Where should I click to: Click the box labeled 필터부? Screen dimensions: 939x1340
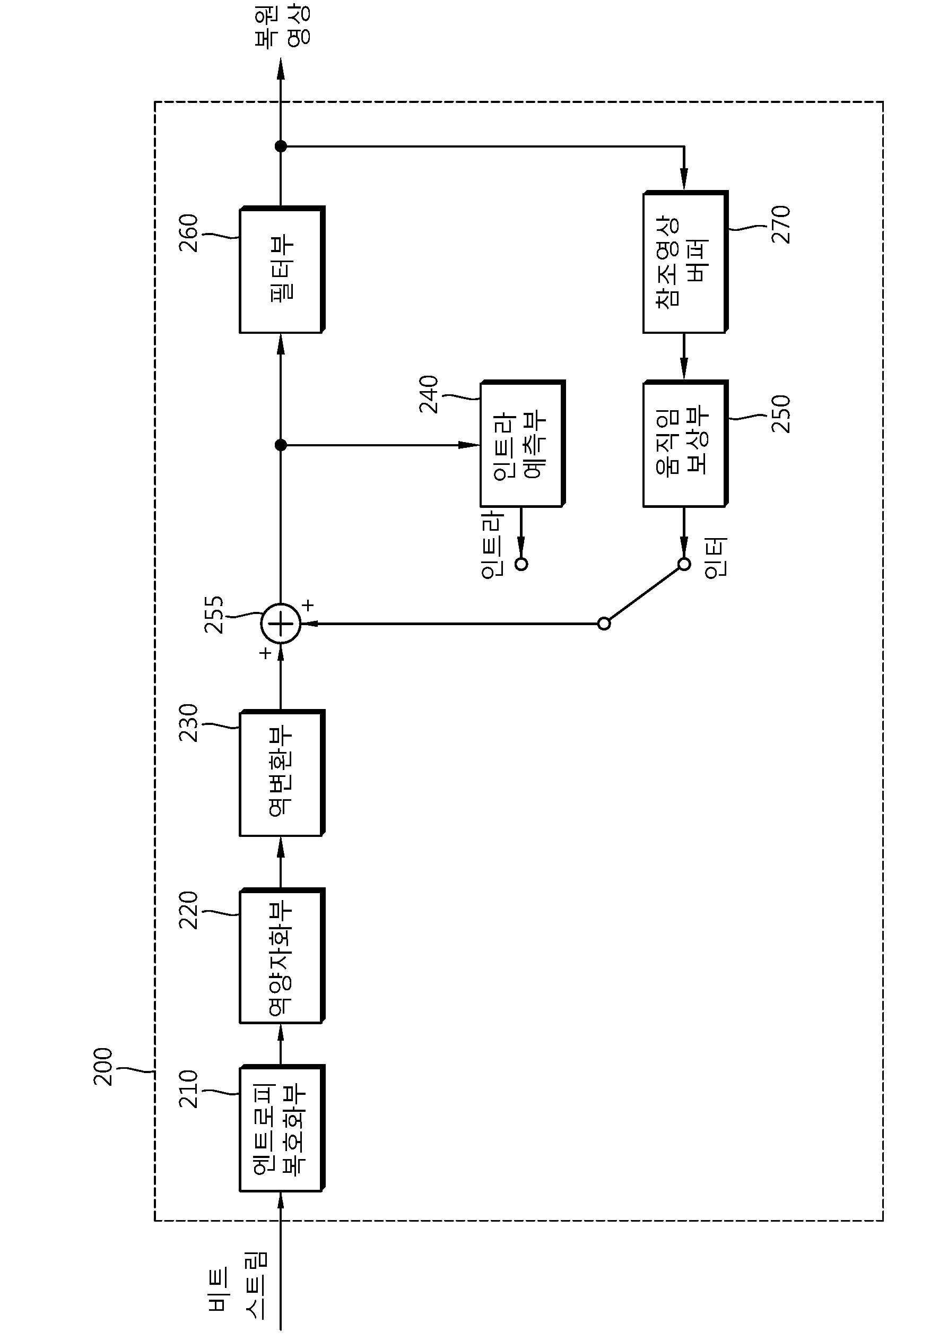click(282, 270)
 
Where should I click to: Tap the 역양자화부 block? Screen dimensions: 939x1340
click(282, 956)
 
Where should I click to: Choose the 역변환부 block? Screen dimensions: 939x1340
click(282, 773)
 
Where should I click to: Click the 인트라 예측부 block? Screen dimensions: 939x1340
click(523, 444)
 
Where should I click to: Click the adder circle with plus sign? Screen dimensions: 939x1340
click(281, 624)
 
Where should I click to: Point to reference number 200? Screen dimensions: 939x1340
click(103, 1066)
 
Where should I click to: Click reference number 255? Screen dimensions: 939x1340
click(214, 615)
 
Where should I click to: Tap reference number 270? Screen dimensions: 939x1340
click(781, 224)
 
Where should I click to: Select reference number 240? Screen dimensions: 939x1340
click(429, 394)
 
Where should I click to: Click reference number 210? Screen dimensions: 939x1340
click(188, 1089)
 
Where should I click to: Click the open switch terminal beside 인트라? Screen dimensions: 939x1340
click(521, 564)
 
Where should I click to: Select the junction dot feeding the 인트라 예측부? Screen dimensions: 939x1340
click(281, 445)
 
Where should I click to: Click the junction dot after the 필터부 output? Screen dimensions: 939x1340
click(281, 146)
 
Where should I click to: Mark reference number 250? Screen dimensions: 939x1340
click(781, 414)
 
